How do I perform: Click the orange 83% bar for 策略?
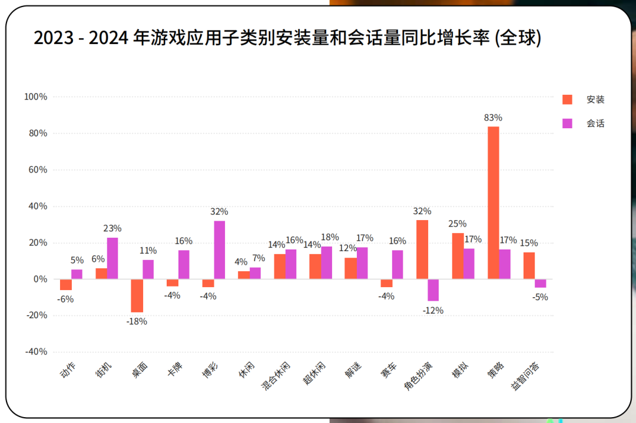click(x=493, y=202)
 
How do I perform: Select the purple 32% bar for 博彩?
click(x=220, y=250)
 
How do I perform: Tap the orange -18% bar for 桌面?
click(x=137, y=296)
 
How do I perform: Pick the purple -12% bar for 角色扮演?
click(x=433, y=290)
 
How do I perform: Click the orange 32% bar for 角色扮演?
click(x=422, y=249)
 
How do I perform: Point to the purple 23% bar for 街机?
click(x=112, y=258)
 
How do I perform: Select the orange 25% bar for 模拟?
click(x=458, y=256)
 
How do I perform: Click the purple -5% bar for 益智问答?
click(x=540, y=284)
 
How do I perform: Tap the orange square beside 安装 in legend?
click(x=567, y=99)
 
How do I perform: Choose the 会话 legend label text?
click(x=595, y=124)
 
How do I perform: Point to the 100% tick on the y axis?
click(x=36, y=97)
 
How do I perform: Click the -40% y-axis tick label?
click(x=36, y=352)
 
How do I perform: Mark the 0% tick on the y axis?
click(x=40, y=279)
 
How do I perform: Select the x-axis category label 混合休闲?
click(x=276, y=376)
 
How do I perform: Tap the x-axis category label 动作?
click(x=68, y=370)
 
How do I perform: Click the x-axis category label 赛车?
click(x=388, y=370)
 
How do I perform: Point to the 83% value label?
click(x=493, y=118)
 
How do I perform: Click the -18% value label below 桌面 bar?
click(x=137, y=322)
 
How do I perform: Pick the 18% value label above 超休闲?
click(x=330, y=237)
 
